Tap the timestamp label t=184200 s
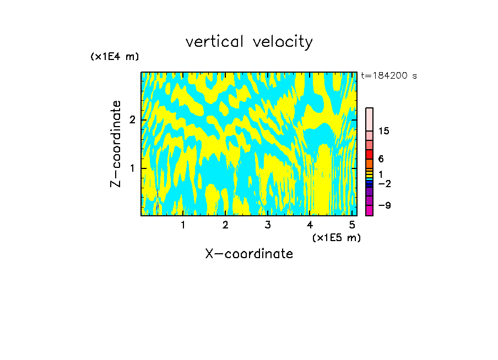389,76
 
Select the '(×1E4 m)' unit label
115,57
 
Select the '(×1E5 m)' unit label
336,237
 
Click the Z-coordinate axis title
116,144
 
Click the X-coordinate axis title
249,254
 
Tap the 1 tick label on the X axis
183,225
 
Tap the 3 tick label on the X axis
267,225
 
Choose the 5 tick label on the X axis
352,225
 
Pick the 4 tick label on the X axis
310,225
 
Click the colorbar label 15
384,131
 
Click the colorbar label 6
381,159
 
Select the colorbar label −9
384,205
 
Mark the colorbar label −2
384,183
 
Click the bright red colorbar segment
369,154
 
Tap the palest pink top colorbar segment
369,119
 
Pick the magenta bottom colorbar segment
369,210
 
